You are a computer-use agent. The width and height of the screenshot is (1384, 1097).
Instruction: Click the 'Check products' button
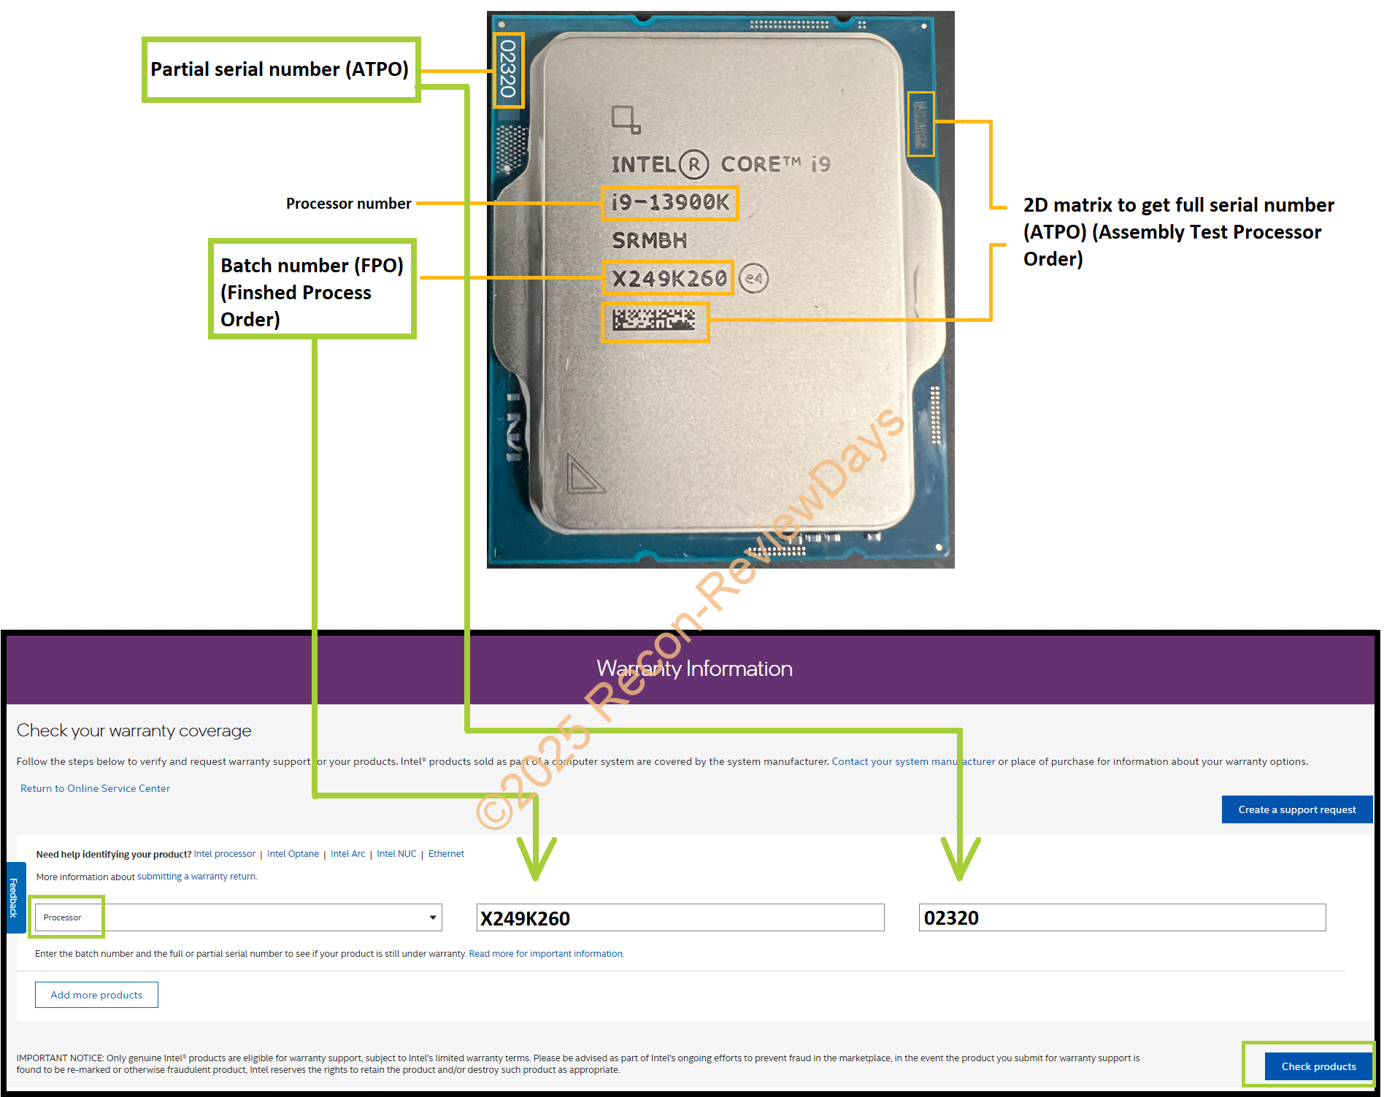tap(1318, 1066)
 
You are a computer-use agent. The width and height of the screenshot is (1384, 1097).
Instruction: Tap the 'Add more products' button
tap(96, 995)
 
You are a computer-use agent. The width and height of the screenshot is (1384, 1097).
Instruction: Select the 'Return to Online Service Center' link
tap(95, 788)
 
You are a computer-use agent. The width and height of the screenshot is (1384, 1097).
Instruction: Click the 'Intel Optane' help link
tap(293, 854)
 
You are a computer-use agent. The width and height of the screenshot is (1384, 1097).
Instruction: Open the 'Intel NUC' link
tap(396, 854)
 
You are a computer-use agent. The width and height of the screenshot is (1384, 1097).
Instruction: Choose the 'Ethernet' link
tap(446, 854)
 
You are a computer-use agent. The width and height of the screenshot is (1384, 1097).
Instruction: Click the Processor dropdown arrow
tap(433, 917)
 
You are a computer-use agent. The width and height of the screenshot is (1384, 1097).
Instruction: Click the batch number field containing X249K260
tap(680, 917)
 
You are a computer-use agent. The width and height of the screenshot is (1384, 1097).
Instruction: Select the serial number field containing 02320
tap(1122, 917)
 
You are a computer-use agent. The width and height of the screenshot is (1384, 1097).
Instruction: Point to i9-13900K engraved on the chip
tap(670, 202)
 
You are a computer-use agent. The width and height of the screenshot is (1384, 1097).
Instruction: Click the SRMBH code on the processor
tap(649, 240)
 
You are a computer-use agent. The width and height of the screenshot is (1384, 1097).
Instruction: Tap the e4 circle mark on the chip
tap(753, 278)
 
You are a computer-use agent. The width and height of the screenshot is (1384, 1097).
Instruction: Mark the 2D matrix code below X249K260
tap(654, 320)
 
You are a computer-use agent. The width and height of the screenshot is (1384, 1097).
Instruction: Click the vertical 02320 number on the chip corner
tap(508, 69)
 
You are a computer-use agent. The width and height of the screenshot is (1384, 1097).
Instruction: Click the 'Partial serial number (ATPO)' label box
tap(280, 69)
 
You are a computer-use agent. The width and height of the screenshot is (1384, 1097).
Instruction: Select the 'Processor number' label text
tap(348, 204)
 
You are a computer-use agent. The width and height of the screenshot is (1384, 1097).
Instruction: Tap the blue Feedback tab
tap(13, 897)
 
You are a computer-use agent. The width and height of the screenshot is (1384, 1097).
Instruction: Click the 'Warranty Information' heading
tap(694, 669)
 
